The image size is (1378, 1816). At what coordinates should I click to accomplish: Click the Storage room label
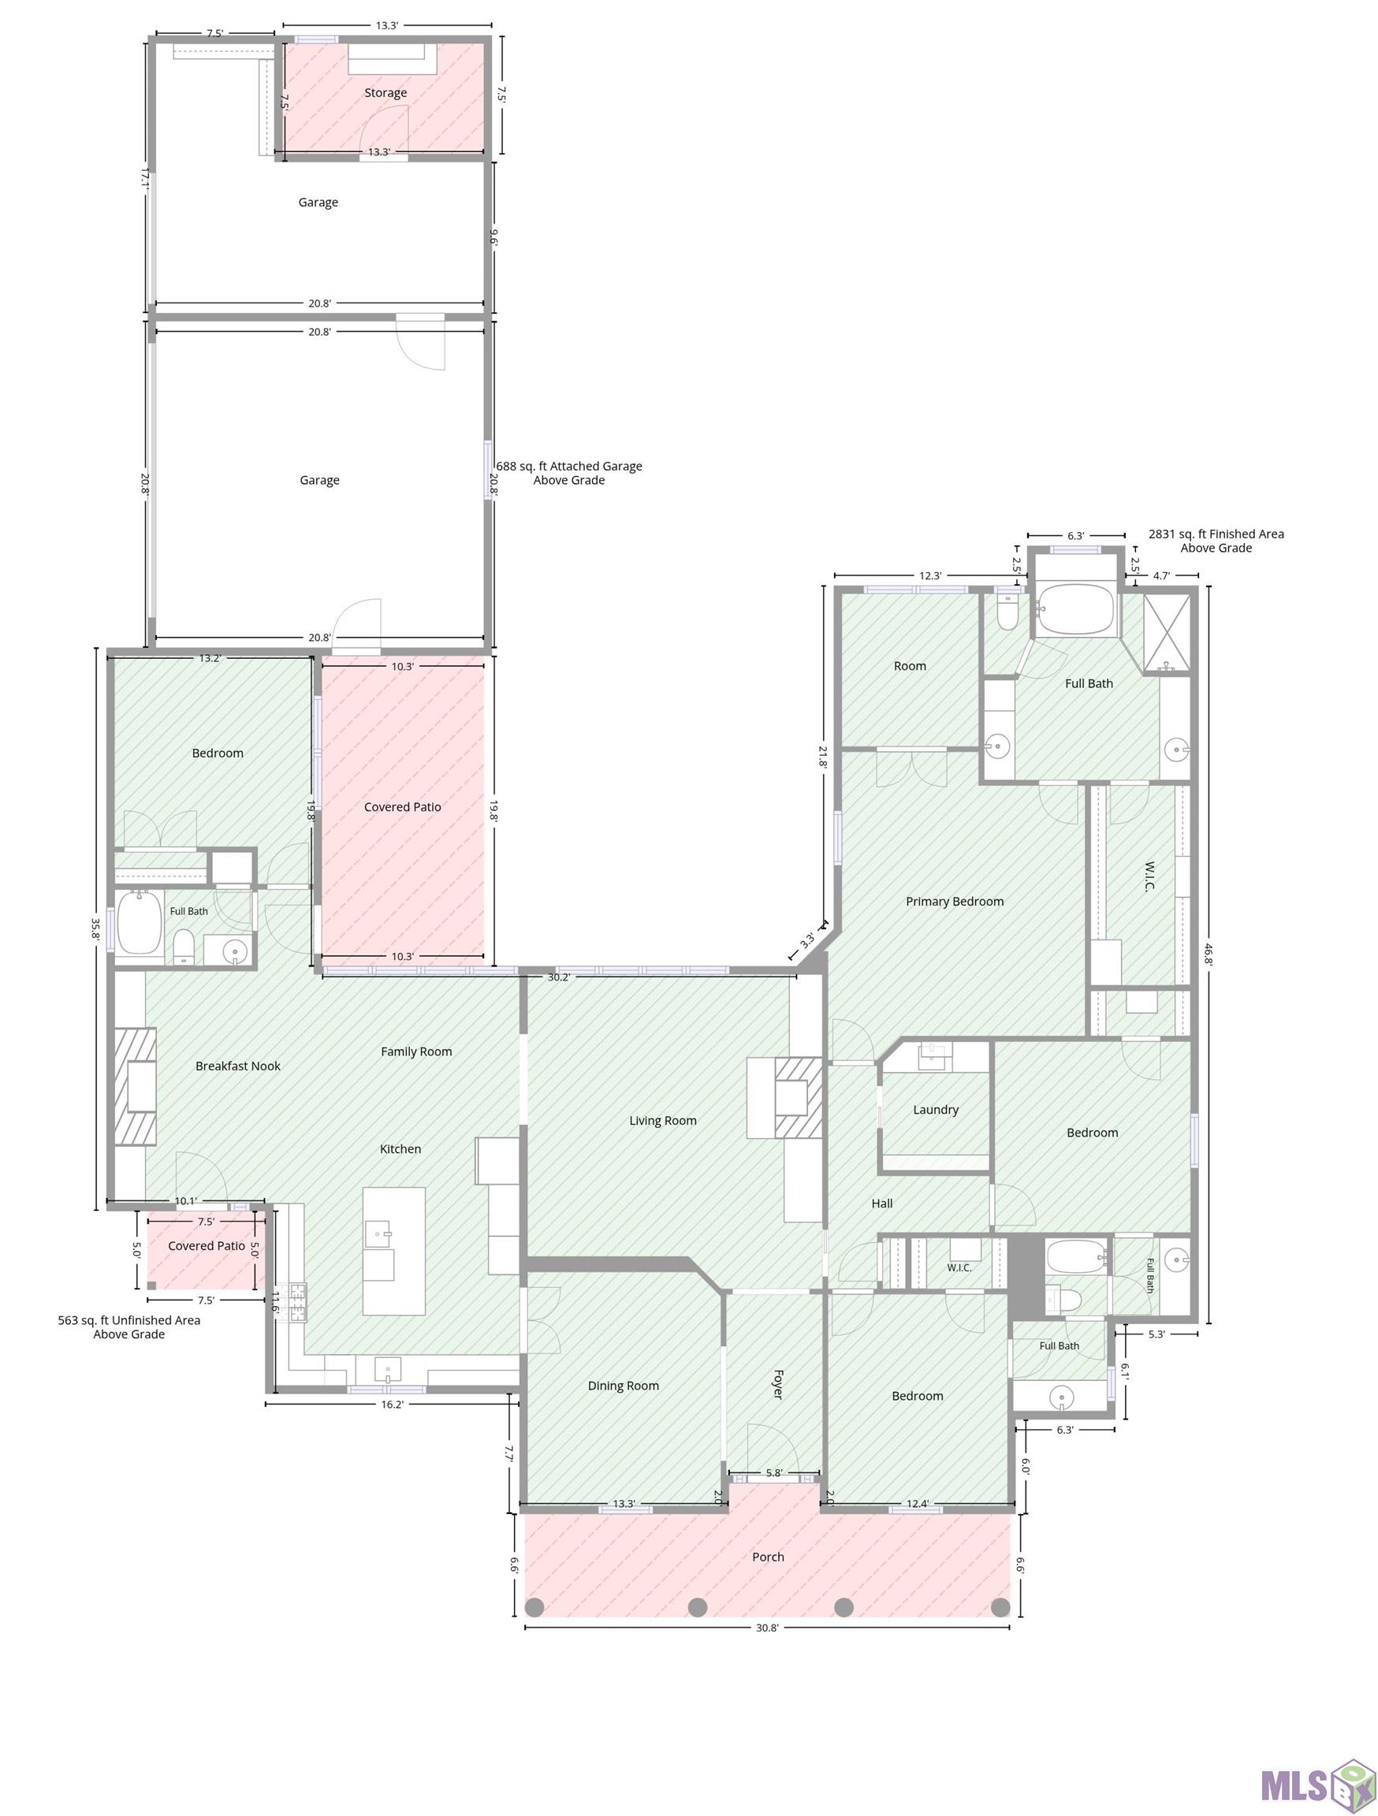point(385,93)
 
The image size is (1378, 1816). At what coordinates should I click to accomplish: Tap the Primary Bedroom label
point(954,902)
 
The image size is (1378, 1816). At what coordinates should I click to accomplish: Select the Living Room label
point(663,1121)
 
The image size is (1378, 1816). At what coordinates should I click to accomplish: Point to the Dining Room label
point(624,1386)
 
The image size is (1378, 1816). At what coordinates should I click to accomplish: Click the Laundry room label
point(936,1110)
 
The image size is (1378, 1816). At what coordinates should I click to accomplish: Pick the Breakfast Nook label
point(238,1066)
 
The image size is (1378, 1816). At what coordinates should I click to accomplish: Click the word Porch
point(768,1557)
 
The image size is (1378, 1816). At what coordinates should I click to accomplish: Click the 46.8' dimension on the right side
point(1208,954)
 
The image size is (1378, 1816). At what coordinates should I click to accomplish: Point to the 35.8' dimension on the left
point(96,928)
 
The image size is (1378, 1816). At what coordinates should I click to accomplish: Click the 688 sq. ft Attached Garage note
point(569,473)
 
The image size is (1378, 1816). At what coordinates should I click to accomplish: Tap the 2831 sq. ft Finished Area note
point(1216,541)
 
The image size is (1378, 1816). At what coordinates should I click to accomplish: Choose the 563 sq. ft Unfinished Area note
point(129,1327)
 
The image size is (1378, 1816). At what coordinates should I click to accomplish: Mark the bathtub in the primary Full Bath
point(1076,609)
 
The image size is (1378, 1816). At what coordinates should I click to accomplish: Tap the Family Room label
point(416,1051)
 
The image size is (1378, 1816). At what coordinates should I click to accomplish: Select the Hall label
point(882,1204)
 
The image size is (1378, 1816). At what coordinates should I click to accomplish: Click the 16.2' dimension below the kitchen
point(392,1405)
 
